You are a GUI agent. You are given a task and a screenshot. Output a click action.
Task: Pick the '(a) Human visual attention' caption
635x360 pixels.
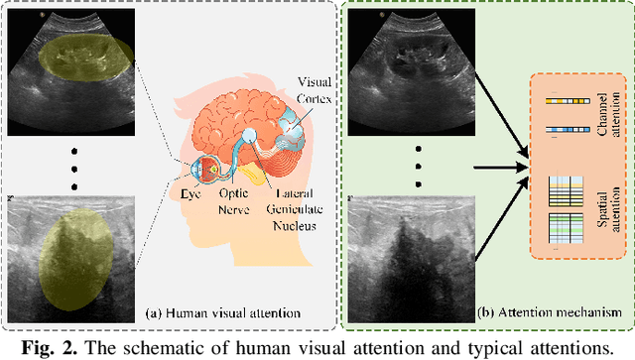point(207,312)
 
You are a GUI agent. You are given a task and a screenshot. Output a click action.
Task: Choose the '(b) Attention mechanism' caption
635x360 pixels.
point(557,312)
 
